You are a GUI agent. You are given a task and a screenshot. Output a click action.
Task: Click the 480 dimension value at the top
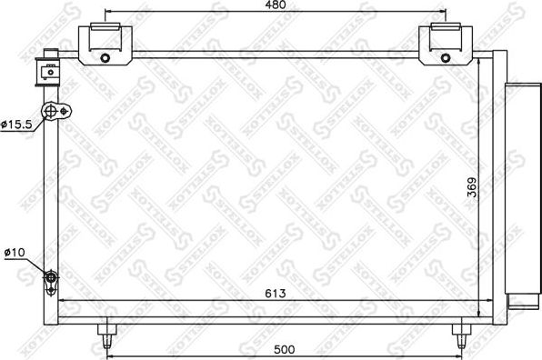click(x=276, y=6)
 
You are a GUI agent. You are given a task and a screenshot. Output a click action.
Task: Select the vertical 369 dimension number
click(x=471, y=187)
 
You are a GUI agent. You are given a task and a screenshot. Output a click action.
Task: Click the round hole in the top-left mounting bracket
click(x=105, y=59)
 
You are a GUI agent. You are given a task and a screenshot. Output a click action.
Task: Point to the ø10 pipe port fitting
click(x=52, y=278)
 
